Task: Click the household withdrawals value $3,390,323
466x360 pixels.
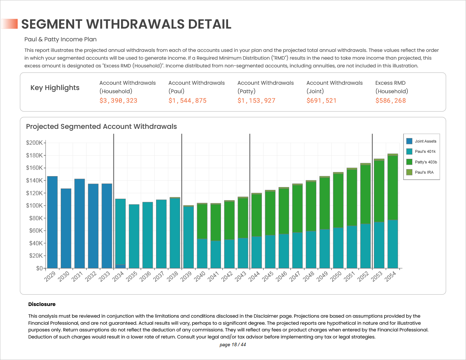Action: [x=118, y=101]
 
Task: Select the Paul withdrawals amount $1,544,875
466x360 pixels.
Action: [x=187, y=101]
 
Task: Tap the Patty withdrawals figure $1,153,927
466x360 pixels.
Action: [x=256, y=101]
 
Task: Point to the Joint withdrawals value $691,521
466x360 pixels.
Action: [x=321, y=101]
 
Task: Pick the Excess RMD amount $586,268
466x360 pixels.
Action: [x=390, y=101]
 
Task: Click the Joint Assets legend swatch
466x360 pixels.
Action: [x=409, y=141]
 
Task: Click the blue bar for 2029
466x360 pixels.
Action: [x=52, y=222]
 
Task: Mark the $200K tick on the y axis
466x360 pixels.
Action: [x=34, y=143]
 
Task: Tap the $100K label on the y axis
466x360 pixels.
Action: [x=34, y=205]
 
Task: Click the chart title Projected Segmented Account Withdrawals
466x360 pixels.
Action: [x=101, y=126]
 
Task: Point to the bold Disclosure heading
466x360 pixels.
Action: [x=42, y=304]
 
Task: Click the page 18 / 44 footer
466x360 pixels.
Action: [x=233, y=344]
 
